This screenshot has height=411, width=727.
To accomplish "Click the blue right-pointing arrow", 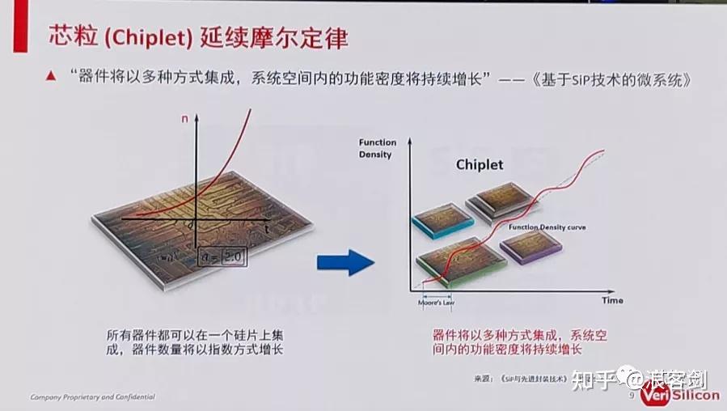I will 344,262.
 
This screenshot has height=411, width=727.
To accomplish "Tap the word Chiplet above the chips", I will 480,165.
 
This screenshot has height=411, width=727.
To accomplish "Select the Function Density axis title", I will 375,148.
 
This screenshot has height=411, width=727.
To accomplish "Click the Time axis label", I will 612,300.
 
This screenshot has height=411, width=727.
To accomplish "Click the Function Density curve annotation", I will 547,228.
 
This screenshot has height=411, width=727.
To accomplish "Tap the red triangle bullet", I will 50,77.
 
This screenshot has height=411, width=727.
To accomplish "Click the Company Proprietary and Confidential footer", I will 92,397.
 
